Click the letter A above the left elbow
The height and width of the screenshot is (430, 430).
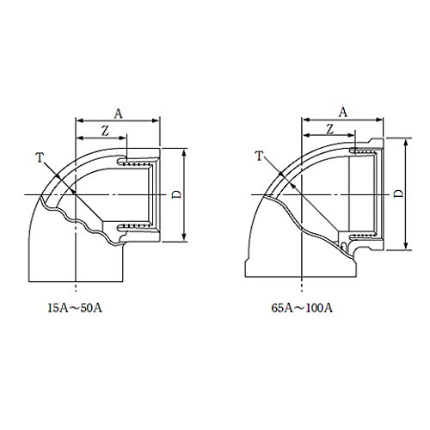pos(118,114)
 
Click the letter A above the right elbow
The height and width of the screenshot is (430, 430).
pos(343,113)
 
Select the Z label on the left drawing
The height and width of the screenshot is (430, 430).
pos(105,131)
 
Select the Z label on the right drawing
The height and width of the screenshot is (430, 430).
pos(330,129)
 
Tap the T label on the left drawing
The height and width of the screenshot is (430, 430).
pos(40,158)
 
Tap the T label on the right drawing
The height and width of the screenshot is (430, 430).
pos(259,157)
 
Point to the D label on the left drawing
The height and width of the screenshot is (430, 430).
pos(177,194)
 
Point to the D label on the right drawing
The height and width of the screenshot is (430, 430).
pos(399,193)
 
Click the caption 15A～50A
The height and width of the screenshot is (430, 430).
pos(75,308)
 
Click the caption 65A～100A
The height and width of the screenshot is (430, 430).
pos(302,308)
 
